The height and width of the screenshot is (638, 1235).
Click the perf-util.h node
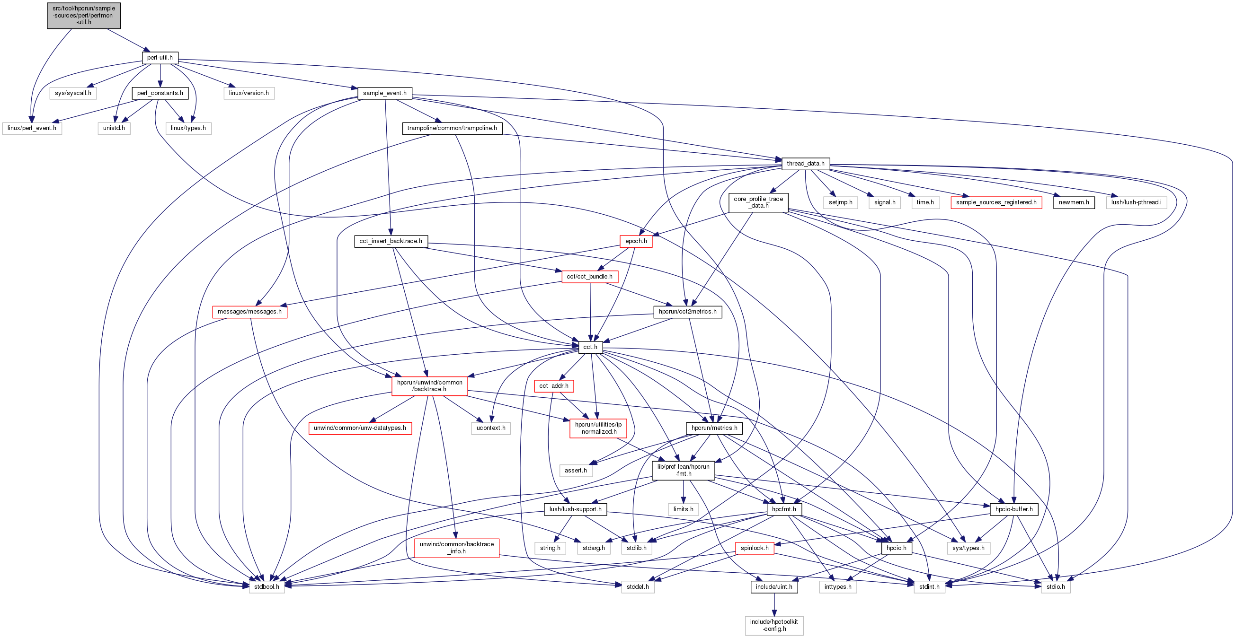click(x=160, y=58)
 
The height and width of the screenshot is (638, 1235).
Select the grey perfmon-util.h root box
click(x=84, y=16)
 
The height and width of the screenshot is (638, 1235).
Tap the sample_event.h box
click(x=384, y=93)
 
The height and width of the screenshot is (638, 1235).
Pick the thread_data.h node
click(x=806, y=164)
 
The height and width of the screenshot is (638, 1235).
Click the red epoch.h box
click(x=636, y=241)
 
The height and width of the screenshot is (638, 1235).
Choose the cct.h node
click(x=590, y=347)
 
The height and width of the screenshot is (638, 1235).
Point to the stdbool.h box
click(x=267, y=587)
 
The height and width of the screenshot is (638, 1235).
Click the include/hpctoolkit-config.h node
click(x=774, y=626)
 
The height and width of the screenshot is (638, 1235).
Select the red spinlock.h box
click(x=754, y=548)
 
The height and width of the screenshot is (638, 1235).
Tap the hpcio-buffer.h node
click(x=1014, y=509)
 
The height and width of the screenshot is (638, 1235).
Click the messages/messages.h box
click(x=249, y=312)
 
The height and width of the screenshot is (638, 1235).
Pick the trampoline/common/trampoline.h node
click(x=452, y=128)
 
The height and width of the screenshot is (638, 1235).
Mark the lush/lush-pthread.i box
click(x=1136, y=202)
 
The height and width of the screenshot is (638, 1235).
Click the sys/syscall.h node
click(x=73, y=93)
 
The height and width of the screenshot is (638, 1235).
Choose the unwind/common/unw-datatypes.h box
click(x=360, y=428)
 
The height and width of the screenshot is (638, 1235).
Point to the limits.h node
click(x=683, y=509)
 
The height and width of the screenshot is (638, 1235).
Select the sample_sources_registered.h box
click(x=996, y=202)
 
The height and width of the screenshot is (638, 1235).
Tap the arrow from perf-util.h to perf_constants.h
click(x=160, y=75)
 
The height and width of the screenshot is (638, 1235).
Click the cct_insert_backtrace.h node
click(x=391, y=241)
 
